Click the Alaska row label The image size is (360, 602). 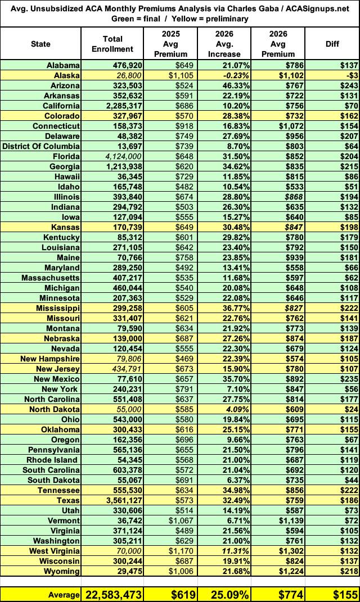coord(67,75)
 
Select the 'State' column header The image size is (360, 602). coord(40,44)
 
